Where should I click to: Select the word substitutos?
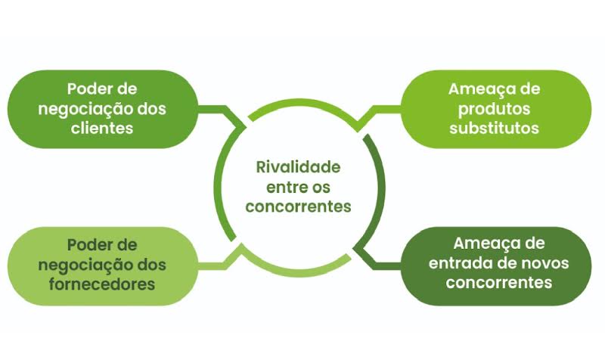pos(494,128)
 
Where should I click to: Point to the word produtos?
pos(494,108)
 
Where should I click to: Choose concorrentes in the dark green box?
pos(499,283)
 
